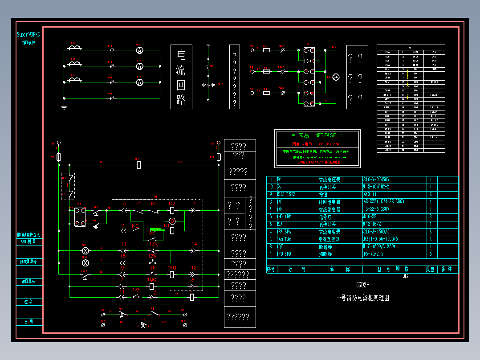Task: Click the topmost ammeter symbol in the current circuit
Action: (139, 50)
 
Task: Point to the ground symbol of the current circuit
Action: (64, 107)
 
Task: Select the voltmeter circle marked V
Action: (337, 78)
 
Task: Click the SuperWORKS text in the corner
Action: (28, 34)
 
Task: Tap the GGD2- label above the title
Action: (362, 285)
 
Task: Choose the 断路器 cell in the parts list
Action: (326, 246)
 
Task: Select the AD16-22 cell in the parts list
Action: (372, 217)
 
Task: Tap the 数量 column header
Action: (430, 269)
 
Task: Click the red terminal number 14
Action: (194, 244)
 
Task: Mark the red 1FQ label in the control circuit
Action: (172, 267)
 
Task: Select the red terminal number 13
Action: (123, 244)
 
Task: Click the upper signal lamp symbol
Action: (86, 250)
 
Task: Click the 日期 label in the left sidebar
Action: (28, 321)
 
